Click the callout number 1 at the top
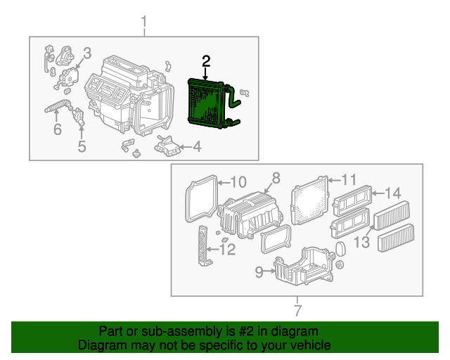coord(144,23)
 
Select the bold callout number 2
coord(205,62)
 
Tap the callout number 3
coord(87,53)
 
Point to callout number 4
coord(197,147)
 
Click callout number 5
coord(82,146)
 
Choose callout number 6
coord(57,129)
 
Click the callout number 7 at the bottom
coord(297,309)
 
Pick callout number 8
coord(276,178)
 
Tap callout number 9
coord(258,270)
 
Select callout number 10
coord(238,183)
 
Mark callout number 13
coord(361,242)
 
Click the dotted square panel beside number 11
coord(309,202)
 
